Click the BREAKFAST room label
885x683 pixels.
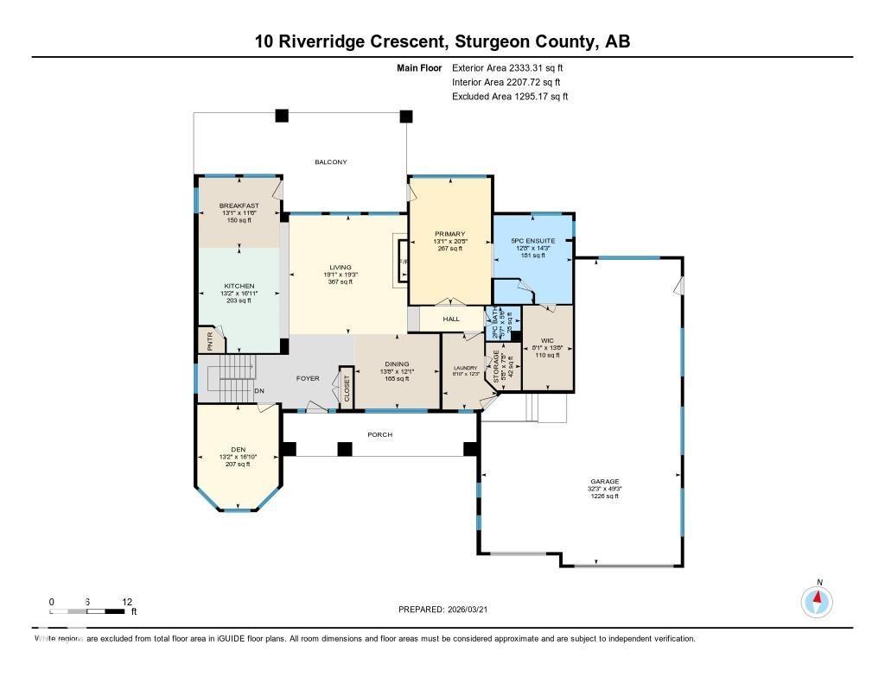tap(239, 206)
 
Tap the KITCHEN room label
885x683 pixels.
tap(239, 286)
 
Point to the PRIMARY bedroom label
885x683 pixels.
tap(449, 234)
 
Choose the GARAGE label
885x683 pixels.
tap(605, 482)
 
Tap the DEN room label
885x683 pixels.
tap(238, 449)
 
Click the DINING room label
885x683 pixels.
tap(397, 364)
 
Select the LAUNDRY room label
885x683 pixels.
tap(466, 368)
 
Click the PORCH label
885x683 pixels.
tap(380, 434)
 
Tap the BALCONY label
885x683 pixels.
tap(330, 162)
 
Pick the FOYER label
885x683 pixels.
tap(308, 378)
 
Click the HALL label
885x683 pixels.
tap(451, 319)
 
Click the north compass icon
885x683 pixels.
tap(817, 600)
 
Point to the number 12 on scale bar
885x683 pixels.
tap(127, 602)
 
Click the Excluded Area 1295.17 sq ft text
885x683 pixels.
tap(510, 97)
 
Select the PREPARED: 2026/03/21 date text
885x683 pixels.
tap(449, 610)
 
